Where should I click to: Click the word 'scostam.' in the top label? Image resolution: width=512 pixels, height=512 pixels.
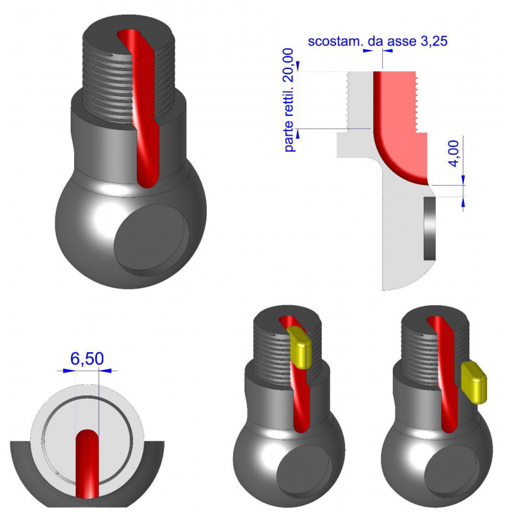(x=332, y=42)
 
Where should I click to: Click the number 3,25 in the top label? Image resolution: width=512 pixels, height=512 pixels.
(x=431, y=42)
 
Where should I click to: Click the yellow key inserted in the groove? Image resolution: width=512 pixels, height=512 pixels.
(x=300, y=346)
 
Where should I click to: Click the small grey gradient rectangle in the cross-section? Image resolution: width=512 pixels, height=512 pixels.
(x=430, y=228)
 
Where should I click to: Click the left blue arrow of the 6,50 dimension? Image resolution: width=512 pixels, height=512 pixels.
(x=67, y=370)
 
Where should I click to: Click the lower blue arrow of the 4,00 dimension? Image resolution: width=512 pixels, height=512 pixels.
(x=463, y=202)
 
